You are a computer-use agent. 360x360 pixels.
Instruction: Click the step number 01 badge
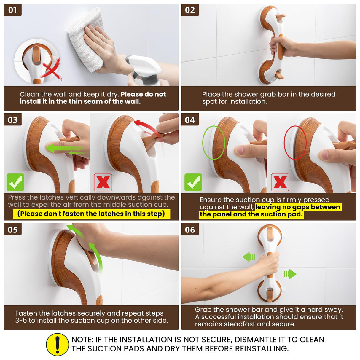tap(12, 10)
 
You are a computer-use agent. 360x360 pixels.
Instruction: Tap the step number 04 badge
tap(190, 120)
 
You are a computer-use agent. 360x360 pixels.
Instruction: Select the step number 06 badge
tap(190, 230)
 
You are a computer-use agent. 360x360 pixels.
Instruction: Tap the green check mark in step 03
tap(15, 182)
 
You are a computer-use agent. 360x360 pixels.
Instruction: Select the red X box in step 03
tap(103, 182)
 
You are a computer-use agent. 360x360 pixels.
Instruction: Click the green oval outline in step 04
tap(214, 143)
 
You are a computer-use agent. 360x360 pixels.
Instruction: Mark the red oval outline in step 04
tap(295, 143)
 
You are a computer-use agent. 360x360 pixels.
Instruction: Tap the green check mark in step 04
tap(193, 182)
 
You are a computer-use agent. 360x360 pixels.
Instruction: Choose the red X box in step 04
tap(280, 182)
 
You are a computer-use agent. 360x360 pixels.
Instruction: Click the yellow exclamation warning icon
tap(58, 344)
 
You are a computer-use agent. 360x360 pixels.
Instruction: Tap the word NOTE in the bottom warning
tap(82, 340)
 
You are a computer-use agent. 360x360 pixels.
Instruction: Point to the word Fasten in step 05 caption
tap(26, 313)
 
